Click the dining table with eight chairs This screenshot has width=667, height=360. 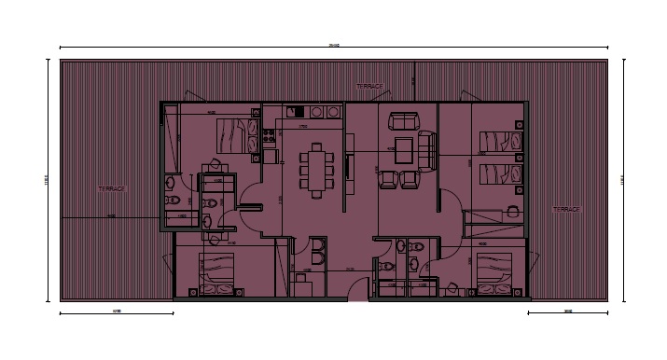point(317,168)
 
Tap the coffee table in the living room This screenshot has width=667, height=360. point(403,148)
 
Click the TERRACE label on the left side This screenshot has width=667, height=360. point(111,188)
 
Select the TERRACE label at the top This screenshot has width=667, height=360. point(369,87)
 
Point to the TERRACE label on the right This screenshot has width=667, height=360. point(566,210)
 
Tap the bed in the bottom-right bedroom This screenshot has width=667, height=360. point(495,271)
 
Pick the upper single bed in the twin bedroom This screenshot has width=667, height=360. point(498,142)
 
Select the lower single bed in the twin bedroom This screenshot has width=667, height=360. point(498,173)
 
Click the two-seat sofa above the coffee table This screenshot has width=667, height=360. point(403,120)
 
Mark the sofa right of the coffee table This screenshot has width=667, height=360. point(428,149)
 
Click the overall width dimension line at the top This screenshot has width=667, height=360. point(334,48)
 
